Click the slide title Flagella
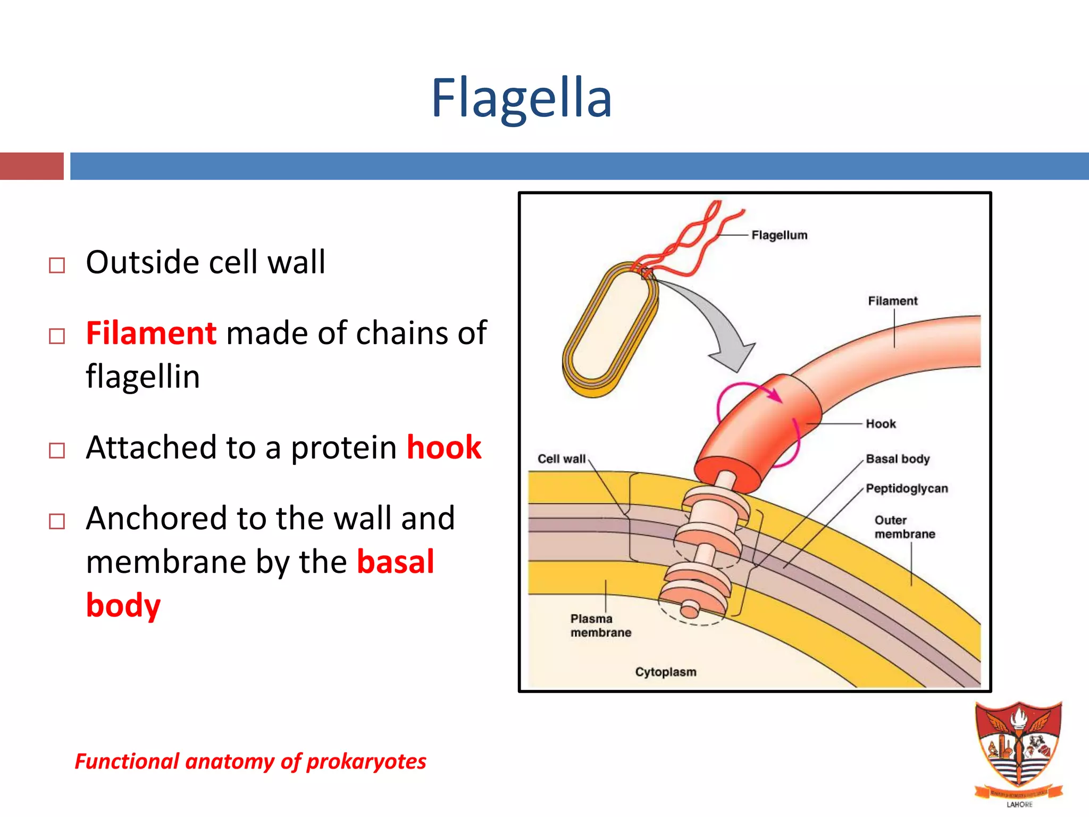pos(521,98)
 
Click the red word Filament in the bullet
pos(151,334)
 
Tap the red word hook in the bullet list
pos(444,447)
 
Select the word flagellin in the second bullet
pos(143,377)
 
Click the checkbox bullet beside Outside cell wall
pos(57,265)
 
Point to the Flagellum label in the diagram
pos(779,235)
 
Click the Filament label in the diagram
pos(893,301)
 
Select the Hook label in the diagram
pos(881,424)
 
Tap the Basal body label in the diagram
pos(898,459)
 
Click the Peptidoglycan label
pos(907,488)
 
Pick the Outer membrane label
pos(904,527)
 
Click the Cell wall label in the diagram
pos(562,459)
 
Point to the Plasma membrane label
pos(600,626)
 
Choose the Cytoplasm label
pos(665,672)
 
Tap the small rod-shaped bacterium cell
pos(609,330)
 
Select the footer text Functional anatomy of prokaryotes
pos(250,761)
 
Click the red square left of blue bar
pos(31,166)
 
